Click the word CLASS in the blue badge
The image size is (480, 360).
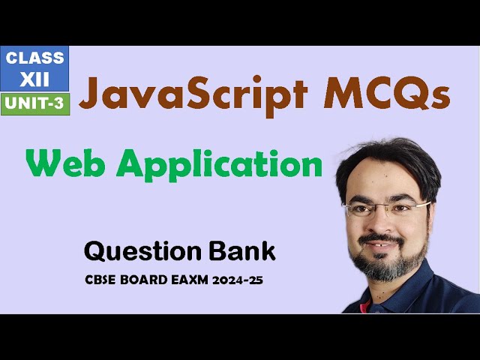tap(35, 58)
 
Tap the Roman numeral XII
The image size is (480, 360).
tap(35, 79)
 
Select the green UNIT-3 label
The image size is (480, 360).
tap(35, 103)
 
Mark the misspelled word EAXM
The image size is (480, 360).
tap(193, 281)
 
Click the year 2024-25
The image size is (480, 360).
tap(241, 281)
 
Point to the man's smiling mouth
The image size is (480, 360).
tap(385, 243)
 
